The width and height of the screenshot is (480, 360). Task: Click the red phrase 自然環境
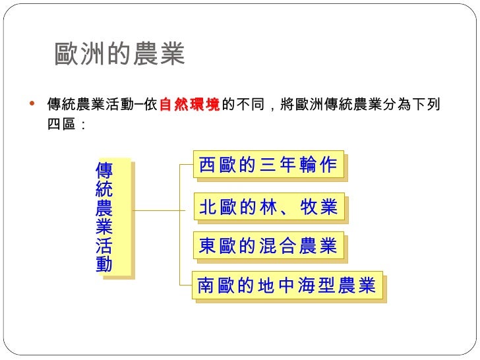(189, 105)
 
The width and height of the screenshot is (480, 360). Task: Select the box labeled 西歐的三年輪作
(268, 166)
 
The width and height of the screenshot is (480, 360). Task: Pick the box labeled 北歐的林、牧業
(268, 208)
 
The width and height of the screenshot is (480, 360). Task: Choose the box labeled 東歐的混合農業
(268, 247)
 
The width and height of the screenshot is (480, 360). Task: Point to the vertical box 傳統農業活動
(104, 218)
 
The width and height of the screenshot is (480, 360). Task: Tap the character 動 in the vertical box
(104, 264)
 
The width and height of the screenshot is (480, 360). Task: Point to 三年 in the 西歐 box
(275, 166)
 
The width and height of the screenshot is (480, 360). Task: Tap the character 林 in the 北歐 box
(266, 208)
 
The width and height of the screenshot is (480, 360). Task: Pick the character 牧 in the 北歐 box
(309, 208)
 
